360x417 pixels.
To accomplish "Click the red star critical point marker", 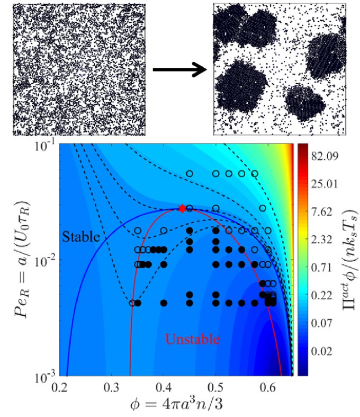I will [x=182, y=209].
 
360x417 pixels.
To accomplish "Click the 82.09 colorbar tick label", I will [x=325, y=157].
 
